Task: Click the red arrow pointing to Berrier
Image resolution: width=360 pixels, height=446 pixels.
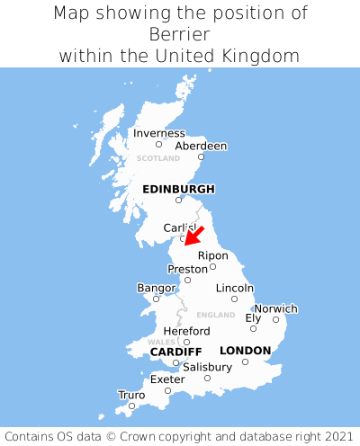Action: click(194, 236)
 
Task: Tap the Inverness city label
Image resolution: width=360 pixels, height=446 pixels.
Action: click(158, 133)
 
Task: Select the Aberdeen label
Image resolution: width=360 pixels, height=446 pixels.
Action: click(201, 146)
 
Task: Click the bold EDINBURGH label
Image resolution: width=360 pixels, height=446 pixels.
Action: click(178, 189)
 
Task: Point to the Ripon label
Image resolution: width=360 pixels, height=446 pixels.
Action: click(213, 255)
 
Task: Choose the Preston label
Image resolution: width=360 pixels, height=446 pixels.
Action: click(188, 269)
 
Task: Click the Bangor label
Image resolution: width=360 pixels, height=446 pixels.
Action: click(156, 288)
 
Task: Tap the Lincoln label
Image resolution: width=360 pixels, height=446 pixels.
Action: click(235, 288)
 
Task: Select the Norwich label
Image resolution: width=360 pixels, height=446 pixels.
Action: click(275, 308)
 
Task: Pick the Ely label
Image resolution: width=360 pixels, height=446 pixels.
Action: click(254, 317)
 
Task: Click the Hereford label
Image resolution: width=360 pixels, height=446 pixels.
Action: click(186, 331)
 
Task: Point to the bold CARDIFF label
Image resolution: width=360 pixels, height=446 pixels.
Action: click(175, 351)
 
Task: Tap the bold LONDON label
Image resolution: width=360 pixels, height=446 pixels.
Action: click(245, 351)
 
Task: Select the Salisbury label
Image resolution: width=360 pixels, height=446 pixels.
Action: click(207, 367)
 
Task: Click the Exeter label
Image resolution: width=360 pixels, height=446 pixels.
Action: click(167, 379)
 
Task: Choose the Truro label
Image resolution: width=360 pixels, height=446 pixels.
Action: click(131, 395)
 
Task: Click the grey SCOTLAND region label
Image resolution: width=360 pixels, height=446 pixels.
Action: click(158, 158)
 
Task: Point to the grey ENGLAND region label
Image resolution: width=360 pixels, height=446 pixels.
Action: click(215, 315)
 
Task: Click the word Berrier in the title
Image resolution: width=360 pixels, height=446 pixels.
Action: click(180, 34)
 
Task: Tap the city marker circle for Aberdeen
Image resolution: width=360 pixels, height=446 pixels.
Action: click(202, 157)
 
